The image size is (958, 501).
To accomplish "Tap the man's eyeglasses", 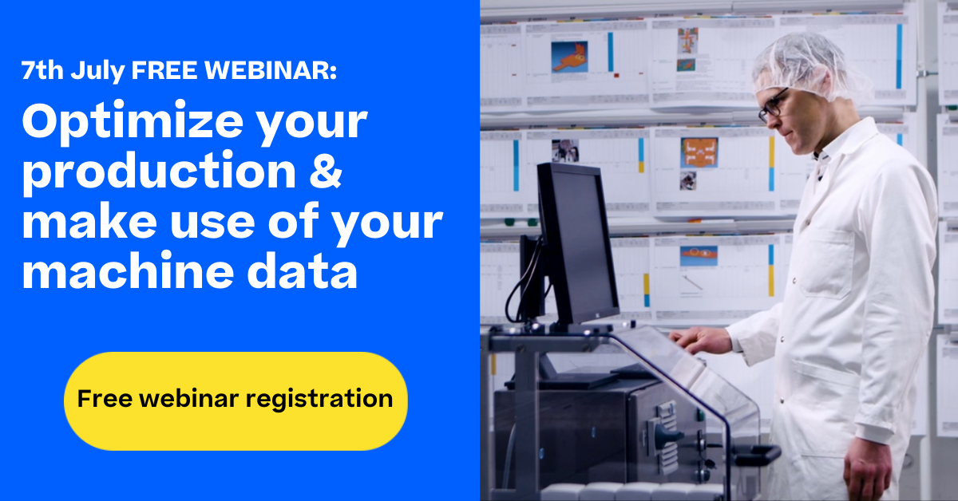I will tap(774, 105).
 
